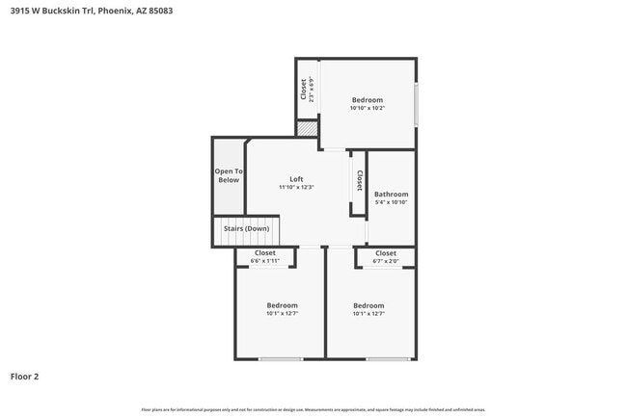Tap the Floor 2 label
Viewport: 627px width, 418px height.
point(24,376)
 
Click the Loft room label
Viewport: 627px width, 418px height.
point(296,179)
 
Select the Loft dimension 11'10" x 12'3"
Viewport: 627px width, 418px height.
point(296,187)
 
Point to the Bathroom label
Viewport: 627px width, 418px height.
point(391,194)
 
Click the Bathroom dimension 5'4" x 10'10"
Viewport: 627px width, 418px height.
point(391,202)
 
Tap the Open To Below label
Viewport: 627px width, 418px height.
point(229,175)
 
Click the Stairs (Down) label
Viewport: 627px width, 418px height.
point(245,228)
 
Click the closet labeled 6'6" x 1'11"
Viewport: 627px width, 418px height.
point(264,257)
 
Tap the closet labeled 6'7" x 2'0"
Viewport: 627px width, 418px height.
point(385,257)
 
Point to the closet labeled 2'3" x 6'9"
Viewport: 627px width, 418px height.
point(307,90)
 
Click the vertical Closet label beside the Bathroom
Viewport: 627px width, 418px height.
point(359,180)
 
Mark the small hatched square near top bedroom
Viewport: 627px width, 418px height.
point(307,128)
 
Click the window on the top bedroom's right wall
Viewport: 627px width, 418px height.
point(416,104)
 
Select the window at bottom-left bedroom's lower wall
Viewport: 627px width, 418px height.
point(279,359)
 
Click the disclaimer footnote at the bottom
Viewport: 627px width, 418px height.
point(313,408)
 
